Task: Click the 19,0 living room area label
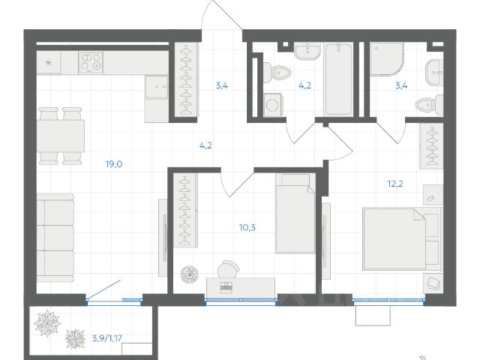pyautogui.click(x=114, y=164)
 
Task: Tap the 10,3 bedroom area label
pyautogui.click(x=247, y=227)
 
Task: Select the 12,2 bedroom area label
pyautogui.click(x=395, y=184)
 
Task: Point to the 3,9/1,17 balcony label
pyautogui.click(x=107, y=338)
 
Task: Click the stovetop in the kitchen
pyautogui.click(x=91, y=62)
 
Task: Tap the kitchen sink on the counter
pyautogui.click(x=157, y=87)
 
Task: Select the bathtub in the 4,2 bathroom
pyautogui.click(x=338, y=79)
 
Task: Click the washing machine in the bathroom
pyautogui.click(x=272, y=105)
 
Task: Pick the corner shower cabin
pyautogui.click(x=387, y=58)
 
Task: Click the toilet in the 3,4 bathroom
pyautogui.click(x=429, y=105)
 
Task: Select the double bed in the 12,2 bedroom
pyautogui.click(x=402, y=238)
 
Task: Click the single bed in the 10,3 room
pyautogui.click(x=295, y=214)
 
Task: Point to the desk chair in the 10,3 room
pyautogui.click(x=228, y=269)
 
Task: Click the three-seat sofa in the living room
pyautogui.click(x=55, y=238)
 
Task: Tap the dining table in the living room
pyautogui.click(x=61, y=136)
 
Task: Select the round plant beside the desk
pyautogui.click(x=190, y=274)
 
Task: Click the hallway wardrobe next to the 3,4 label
pyautogui.click(x=184, y=79)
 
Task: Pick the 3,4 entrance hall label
pyautogui.click(x=222, y=85)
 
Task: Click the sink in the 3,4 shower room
pyautogui.click(x=434, y=73)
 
